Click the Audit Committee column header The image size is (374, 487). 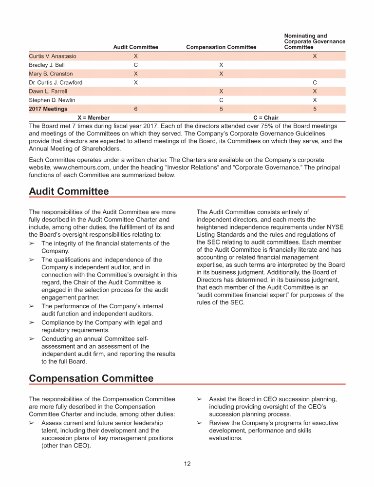pos(135,47)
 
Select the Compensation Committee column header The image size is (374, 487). pos(221,47)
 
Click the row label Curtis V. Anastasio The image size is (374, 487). pos(53,56)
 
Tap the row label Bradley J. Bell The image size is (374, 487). pos(47,65)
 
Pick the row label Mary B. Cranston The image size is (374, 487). pos(51,74)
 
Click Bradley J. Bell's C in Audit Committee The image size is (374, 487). pos(135,65)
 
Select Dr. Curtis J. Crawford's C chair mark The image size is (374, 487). pos(315,82)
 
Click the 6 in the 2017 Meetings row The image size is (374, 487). pos(135,109)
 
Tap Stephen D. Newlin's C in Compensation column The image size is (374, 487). pos(221,100)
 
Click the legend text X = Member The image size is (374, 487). pos(93,118)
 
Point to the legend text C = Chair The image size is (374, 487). pos(266,118)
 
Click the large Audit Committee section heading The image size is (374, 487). pos(69,191)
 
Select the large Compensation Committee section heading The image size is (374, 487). pos(91,378)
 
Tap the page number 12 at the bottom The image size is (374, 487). pos(187,464)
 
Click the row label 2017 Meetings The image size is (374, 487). pos(48,109)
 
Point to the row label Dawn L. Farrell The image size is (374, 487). pos(48,91)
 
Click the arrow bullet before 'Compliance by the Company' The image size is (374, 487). pos(32,322)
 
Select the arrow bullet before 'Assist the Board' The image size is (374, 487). pos(199,399)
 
